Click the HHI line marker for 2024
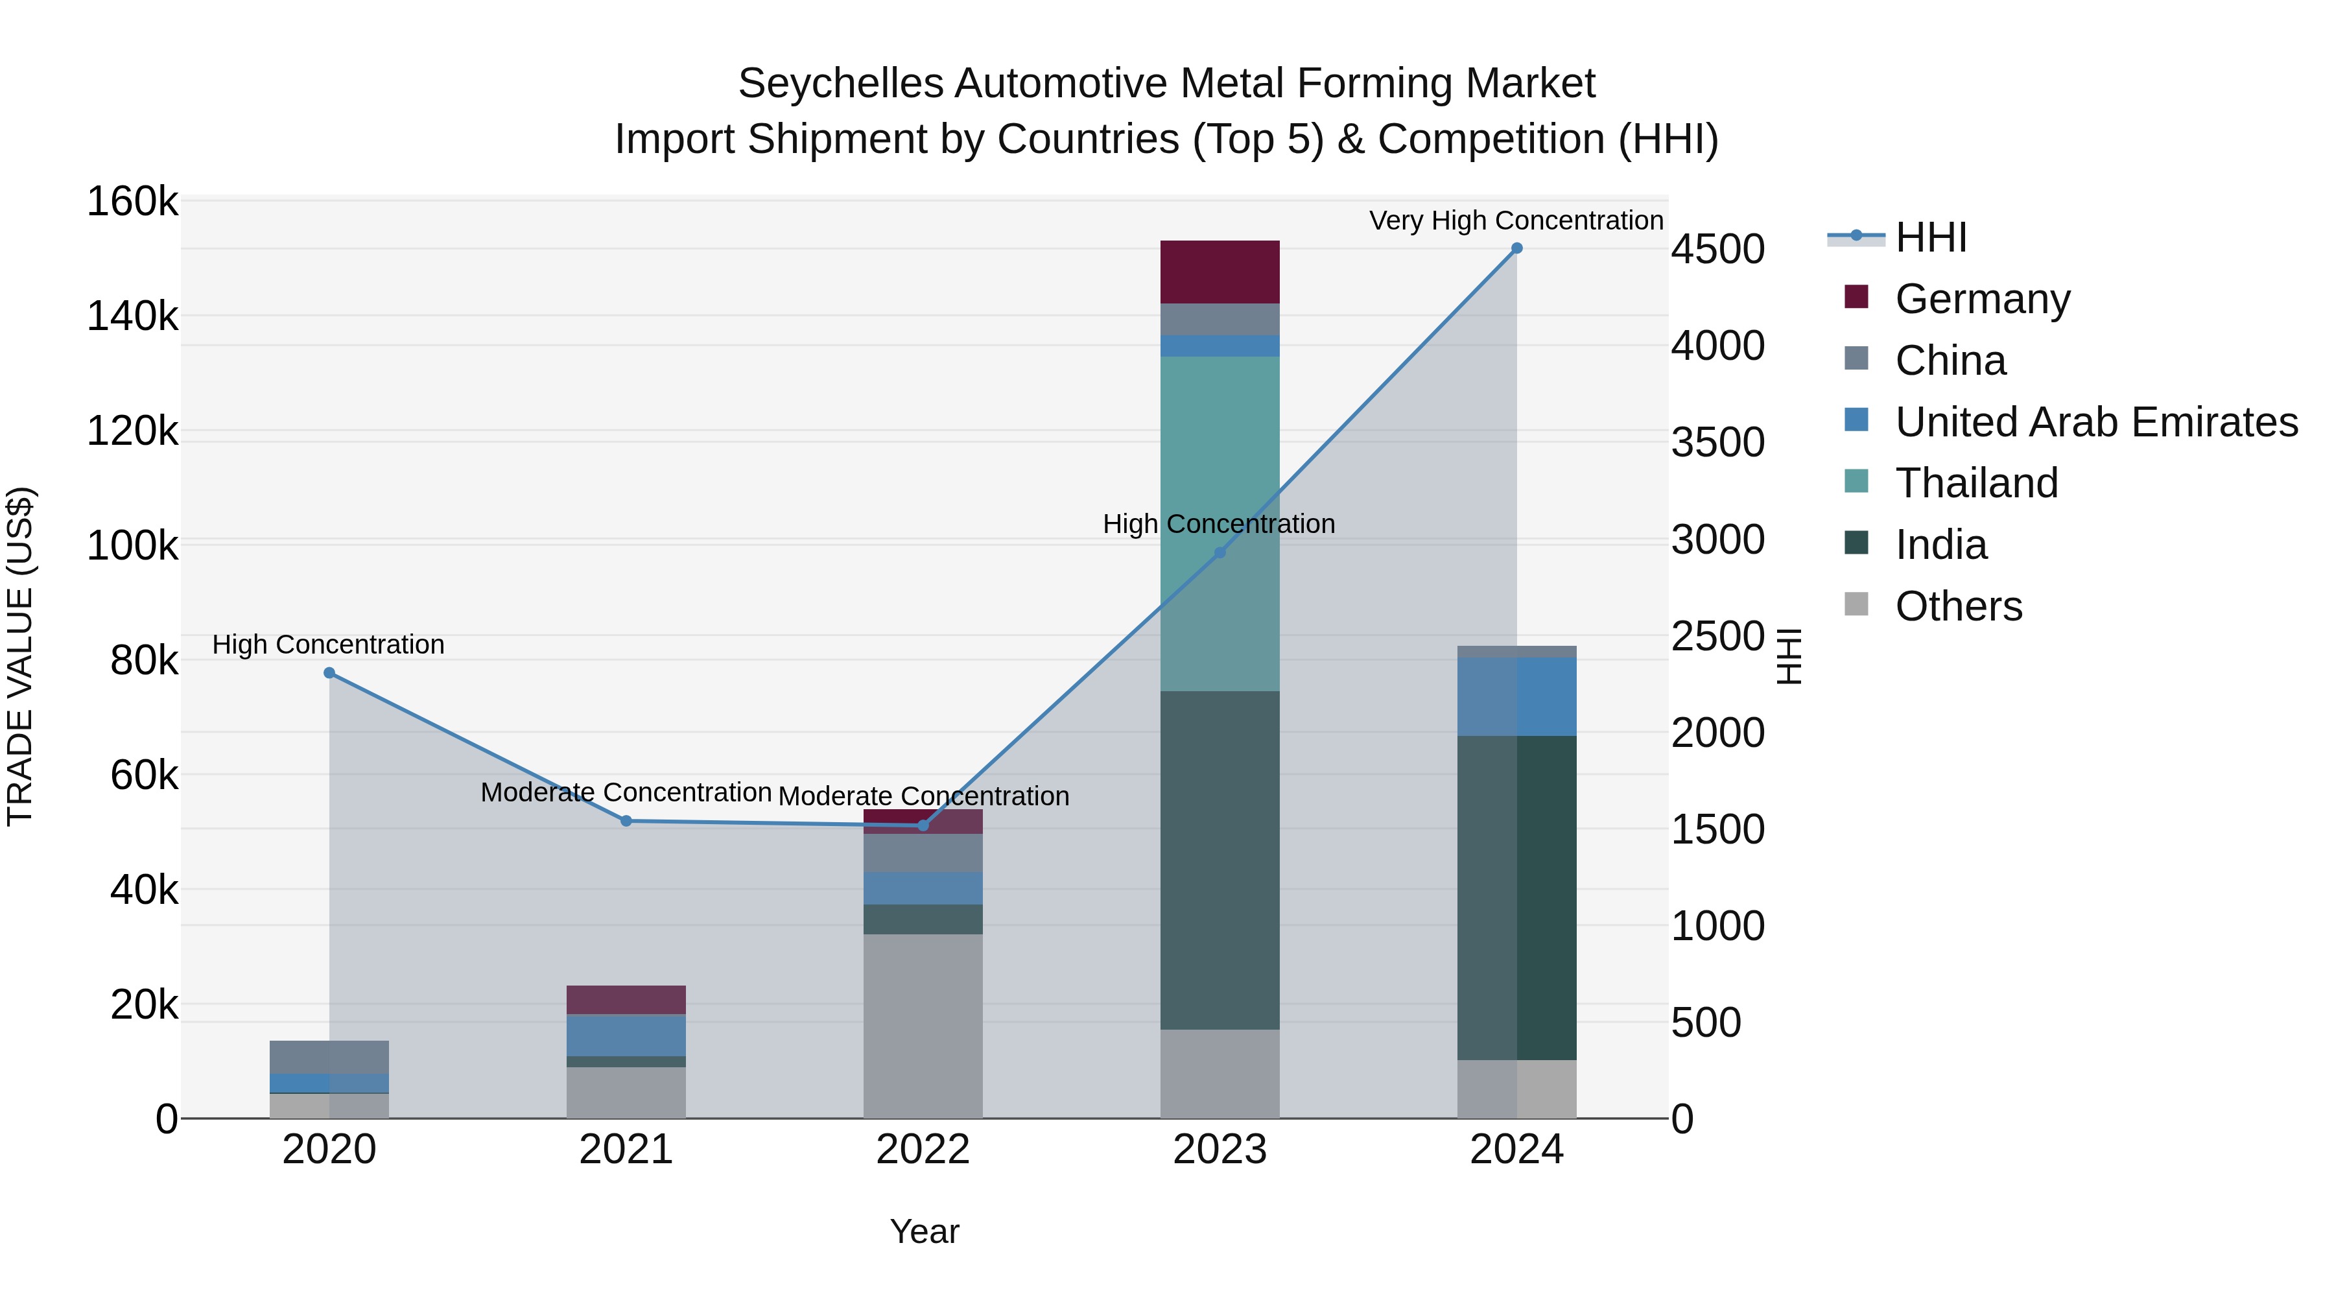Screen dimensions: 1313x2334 coord(1516,248)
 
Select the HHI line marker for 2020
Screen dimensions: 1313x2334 coord(329,673)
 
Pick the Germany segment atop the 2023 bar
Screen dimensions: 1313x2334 coord(1220,272)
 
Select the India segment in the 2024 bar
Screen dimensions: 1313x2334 coord(1516,897)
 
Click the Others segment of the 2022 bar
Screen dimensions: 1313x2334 coord(923,1026)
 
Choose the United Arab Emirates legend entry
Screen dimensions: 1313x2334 coord(2095,422)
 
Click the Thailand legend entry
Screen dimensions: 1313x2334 coord(1976,483)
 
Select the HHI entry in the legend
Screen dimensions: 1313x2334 coord(1930,237)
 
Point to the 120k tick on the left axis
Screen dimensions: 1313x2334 coord(132,431)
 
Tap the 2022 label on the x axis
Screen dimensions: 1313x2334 coord(923,1150)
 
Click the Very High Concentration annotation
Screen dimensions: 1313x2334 coord(1516,220)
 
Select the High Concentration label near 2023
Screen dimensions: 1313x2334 coord(1219,524)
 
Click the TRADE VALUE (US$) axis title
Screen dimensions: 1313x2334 coord(21,656)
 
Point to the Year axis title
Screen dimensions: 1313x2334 coord(924,1231)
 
